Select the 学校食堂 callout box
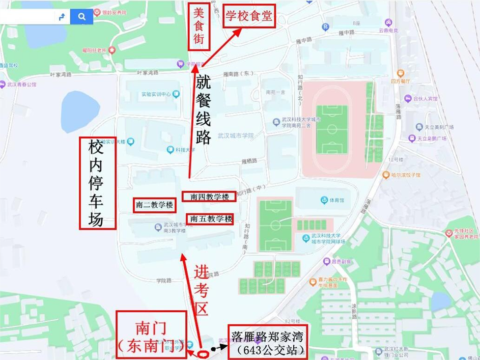pyautogui.click(x=249, y=16)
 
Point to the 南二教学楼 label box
pyautogui.click(x=155, y=205)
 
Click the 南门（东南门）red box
pyautogui.click(x=151, y=334)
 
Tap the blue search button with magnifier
pyautogui.click(x=81, y=17)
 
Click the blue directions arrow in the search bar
pyautogui.click(x=62, y=17)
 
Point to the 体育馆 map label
pyautogui.click(x=333, y=200)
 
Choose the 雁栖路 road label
pyautogui.click(x=250, y=161)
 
